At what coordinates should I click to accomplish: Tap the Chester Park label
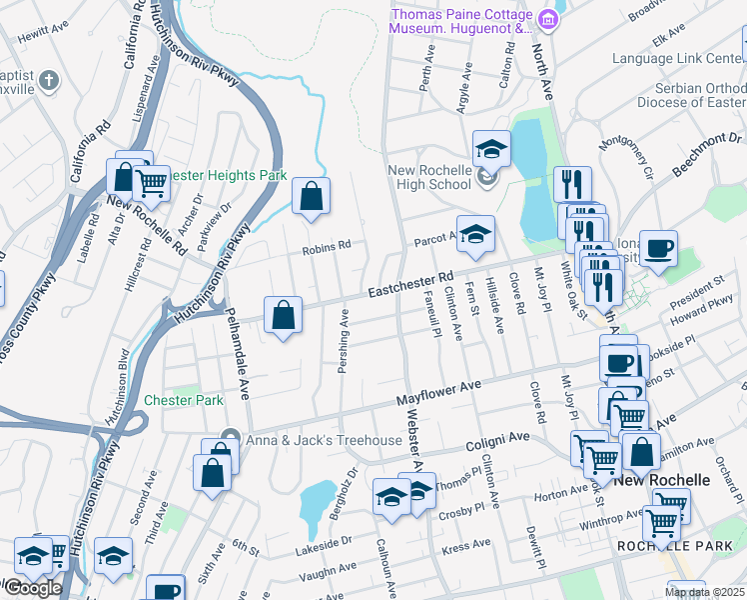click(183, 400)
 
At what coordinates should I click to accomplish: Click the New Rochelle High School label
click(430, 176)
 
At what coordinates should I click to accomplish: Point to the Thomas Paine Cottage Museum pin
click(547, 19)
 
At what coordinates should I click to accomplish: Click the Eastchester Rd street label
click(410, 285)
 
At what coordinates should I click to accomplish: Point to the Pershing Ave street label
click(343, 340)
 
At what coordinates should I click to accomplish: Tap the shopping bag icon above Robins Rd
click(311, 197)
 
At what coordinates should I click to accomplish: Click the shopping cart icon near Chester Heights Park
click(152, 184)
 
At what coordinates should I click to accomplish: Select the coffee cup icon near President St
click(658, 250)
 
